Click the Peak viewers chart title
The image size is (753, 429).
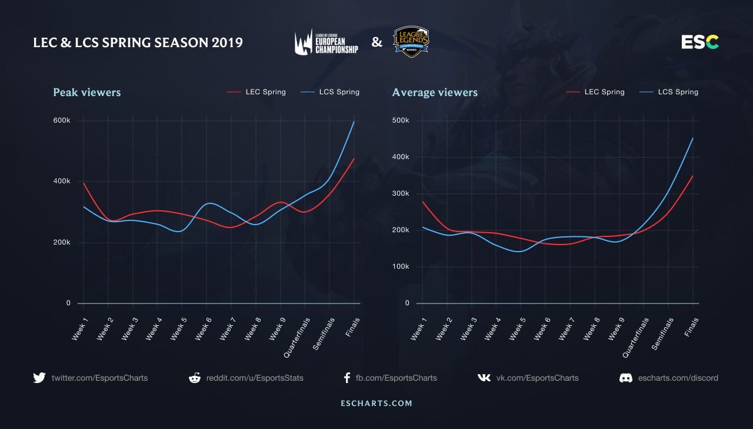pos(86,93)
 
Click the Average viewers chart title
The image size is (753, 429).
pos(435,93)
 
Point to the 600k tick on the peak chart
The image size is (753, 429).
pos(61,120)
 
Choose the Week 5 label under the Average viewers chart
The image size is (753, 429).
pos(518,329)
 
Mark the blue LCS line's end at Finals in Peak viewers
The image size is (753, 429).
pos(354,121)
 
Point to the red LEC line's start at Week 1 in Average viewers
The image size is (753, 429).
pos(422,202)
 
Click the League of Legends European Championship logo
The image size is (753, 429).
pos(326,42)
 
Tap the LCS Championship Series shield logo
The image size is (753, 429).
pos(411,41)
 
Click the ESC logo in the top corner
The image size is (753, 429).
pos(700,42)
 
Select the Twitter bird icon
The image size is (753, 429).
pos(39,378)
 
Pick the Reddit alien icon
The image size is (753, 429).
pos(194,378)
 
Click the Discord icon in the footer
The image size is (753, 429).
pos(626,378)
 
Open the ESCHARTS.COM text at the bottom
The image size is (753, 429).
pos(376,404)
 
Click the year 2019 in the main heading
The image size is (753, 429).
pos(227,42)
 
